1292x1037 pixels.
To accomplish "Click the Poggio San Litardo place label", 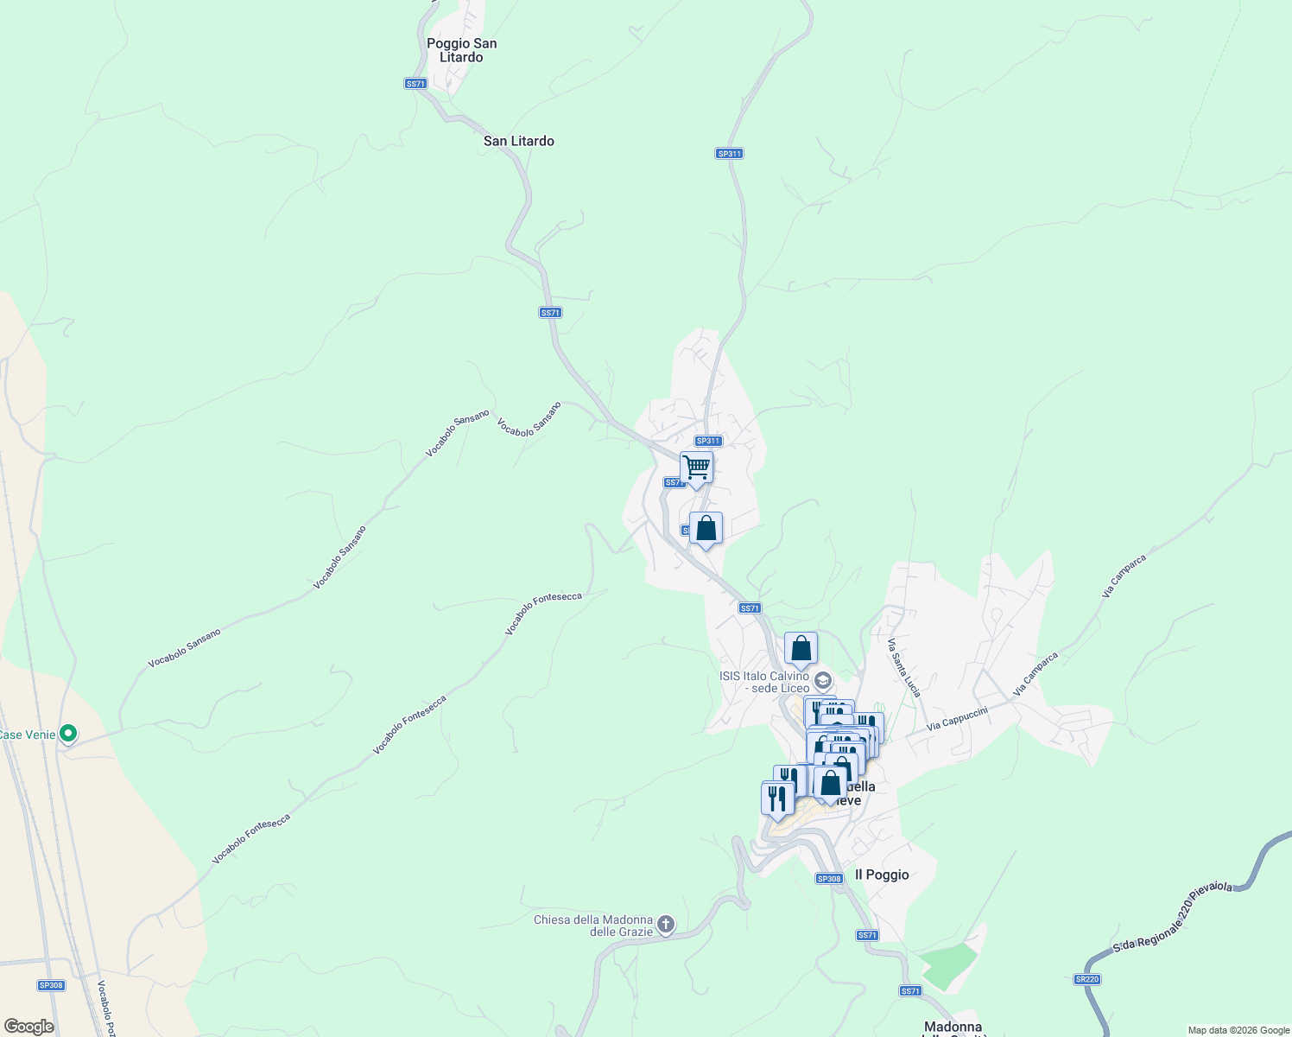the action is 461,50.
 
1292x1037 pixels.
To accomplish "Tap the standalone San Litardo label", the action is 518,141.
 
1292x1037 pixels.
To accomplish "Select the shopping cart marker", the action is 696,468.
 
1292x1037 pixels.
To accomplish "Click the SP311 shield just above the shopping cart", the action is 708,441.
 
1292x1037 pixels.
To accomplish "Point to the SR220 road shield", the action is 1087,979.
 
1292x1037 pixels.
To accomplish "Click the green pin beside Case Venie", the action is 68,735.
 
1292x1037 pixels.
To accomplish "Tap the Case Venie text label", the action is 28,735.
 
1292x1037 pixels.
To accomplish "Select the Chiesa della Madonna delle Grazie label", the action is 593,926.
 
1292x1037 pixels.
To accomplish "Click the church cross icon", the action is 666,925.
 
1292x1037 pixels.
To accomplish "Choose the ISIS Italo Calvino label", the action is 764,682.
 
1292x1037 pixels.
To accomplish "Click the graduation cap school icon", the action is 823,680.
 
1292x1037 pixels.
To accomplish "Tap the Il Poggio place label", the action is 882,875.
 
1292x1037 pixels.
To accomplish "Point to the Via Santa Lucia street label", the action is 904,667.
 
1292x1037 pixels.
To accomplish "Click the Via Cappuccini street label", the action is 957,719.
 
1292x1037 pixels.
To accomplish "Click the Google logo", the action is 28,1027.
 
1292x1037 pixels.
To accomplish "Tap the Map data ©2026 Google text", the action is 1238,1030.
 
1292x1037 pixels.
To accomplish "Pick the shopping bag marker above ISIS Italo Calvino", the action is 801,648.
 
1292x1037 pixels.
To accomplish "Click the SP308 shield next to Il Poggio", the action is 828,879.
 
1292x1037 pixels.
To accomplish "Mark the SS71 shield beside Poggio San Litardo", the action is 415,84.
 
